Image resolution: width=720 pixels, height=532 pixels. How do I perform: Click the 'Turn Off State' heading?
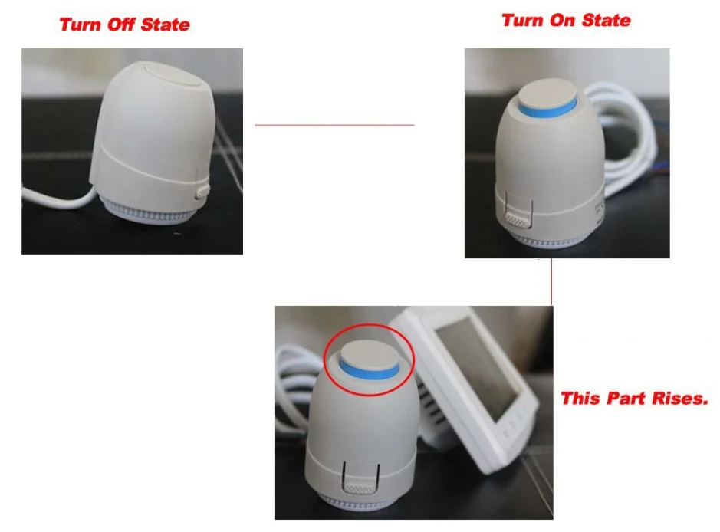pyautogui.click(x=124, y=25)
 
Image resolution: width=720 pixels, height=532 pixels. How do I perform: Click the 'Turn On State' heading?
pyautogui.click(x=566, y=21)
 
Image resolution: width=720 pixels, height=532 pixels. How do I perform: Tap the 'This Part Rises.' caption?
pyautogui.click(x=634, y=399)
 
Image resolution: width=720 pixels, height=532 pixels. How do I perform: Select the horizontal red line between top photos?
pyautogui.click(x=334, y=125)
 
